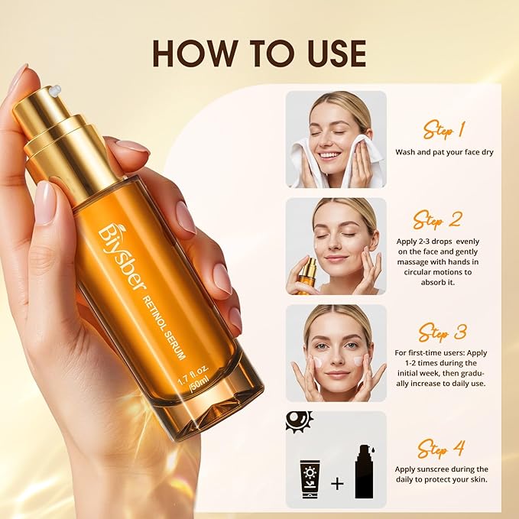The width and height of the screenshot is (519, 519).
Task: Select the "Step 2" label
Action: point(437,220)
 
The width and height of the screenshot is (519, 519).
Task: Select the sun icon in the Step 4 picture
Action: point(300,422)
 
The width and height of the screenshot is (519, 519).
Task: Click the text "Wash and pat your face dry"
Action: point(444,152)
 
